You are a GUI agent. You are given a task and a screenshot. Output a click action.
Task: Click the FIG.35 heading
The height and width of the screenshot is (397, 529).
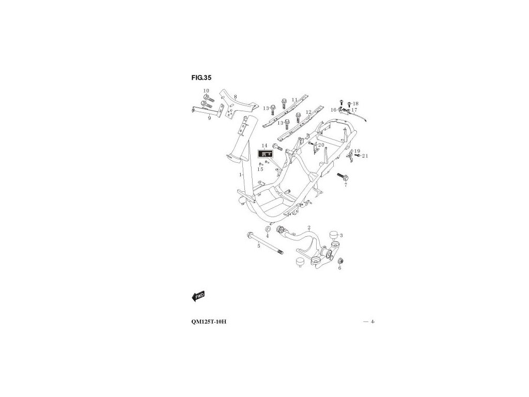[x=201, y=78]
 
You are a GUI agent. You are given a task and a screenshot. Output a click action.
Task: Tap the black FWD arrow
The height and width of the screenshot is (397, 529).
[x=198, y=296]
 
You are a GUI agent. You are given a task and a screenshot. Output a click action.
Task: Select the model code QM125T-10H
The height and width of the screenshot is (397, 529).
[x=208, y=322]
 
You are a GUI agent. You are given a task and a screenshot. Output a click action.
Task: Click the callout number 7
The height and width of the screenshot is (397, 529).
[x=346, y=184]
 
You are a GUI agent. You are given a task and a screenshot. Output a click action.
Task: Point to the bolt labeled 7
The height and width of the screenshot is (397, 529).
[x=341, y=177]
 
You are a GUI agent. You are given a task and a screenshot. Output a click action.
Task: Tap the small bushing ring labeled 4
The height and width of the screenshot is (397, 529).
[x=269, y=229]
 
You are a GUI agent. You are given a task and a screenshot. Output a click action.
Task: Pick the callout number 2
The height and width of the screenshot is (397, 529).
[x=308, y=227]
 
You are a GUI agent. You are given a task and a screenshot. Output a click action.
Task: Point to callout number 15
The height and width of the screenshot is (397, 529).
[x=260, y=169]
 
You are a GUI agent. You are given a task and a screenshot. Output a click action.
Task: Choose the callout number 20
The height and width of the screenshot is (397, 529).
[x=321, y=145]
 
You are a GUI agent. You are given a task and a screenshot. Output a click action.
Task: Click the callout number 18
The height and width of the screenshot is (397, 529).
[x=355, y=104]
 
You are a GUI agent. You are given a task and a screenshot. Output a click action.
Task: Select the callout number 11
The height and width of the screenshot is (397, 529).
[x=309, y=99]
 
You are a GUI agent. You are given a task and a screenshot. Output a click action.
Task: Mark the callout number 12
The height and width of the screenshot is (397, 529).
[x=308, y=112]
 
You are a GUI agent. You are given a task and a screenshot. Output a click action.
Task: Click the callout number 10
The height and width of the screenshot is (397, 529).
[x=206, y=91]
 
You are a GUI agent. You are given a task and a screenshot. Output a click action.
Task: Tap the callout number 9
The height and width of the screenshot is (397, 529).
[x=209, y=118]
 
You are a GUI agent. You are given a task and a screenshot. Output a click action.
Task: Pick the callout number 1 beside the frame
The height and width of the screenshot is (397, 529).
[x=240, y=175]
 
